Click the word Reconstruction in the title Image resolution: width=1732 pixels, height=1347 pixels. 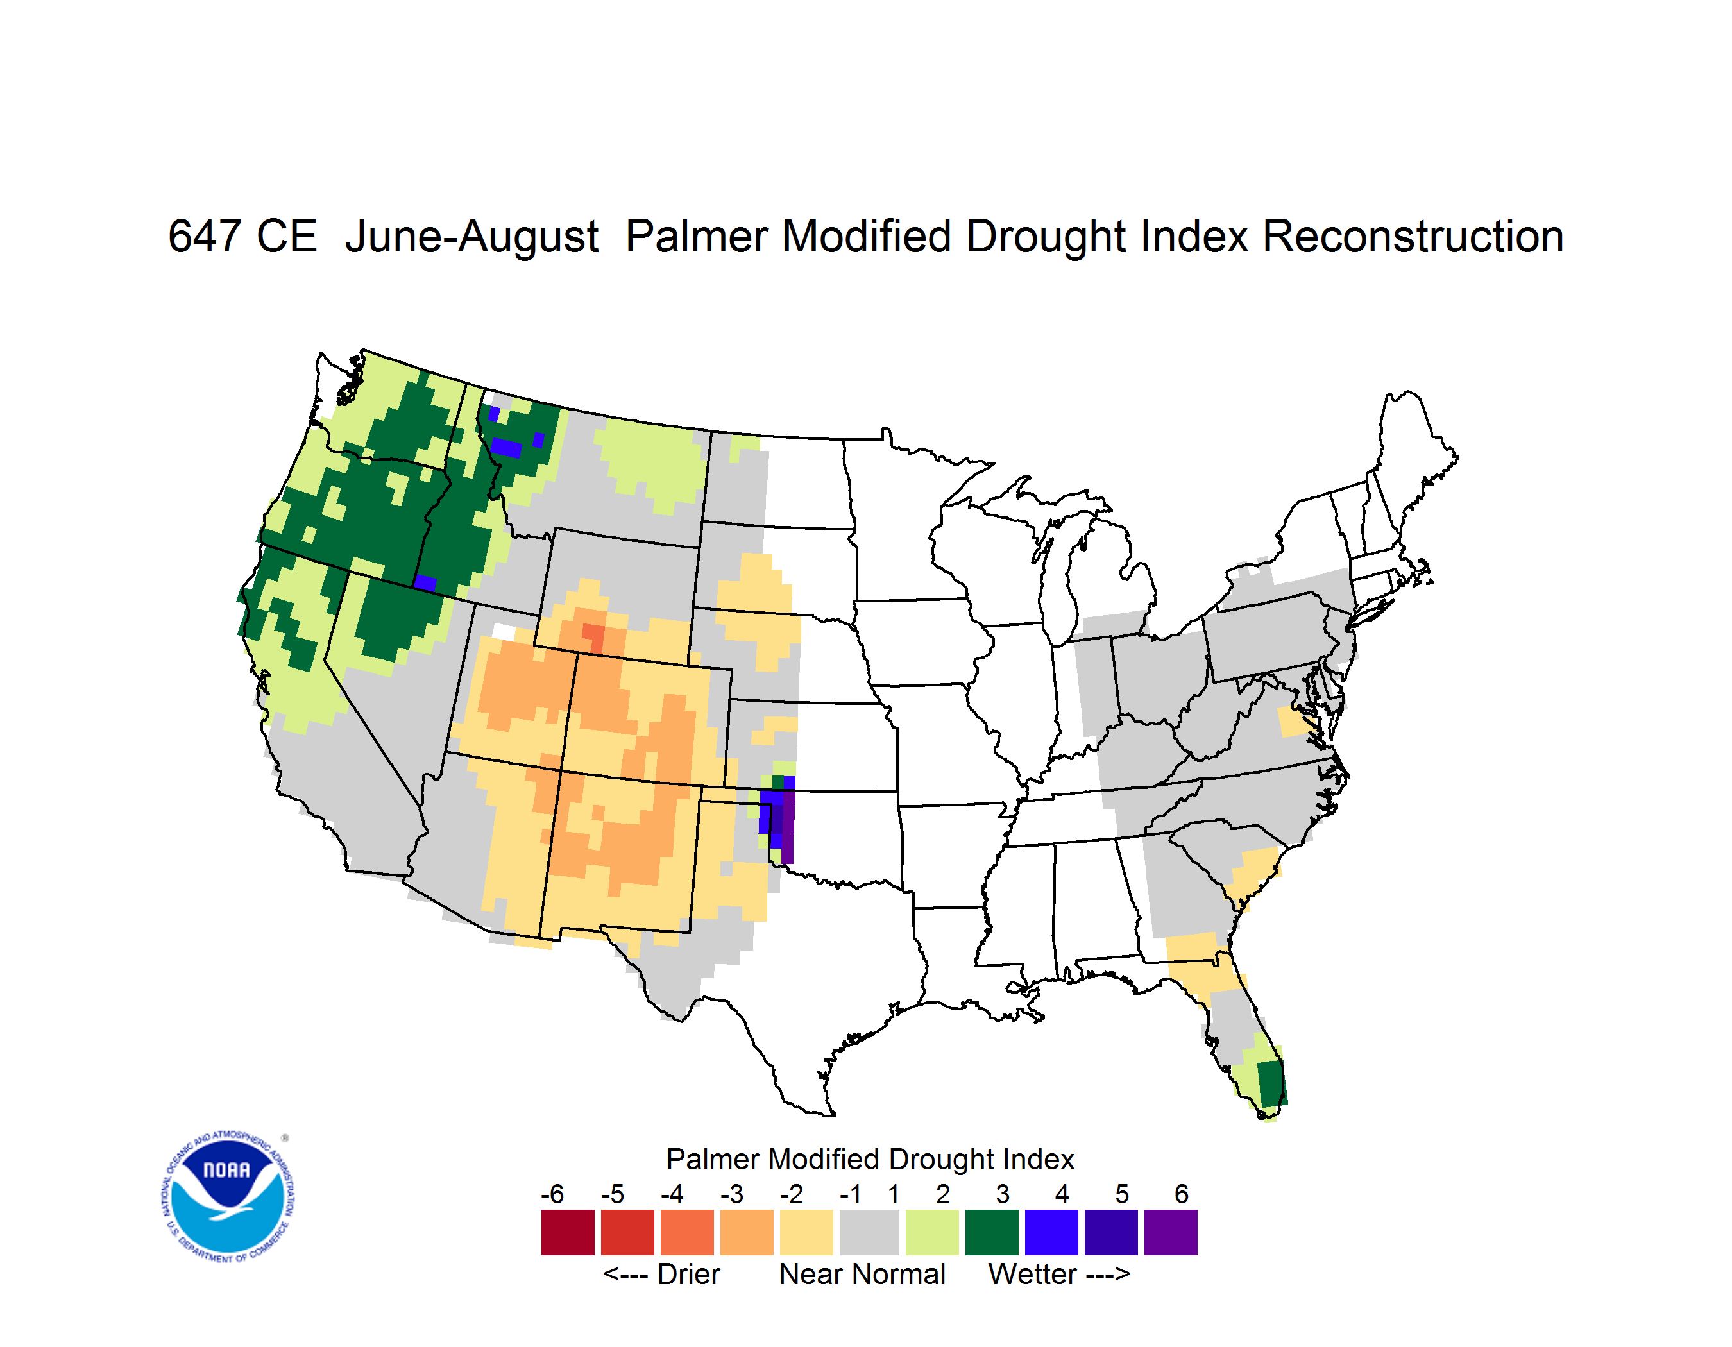[x=1413, y=236]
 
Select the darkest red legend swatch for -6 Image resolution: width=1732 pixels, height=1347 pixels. [x=568, y=1232]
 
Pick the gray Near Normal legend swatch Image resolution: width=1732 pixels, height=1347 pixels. [x=869, y=1232]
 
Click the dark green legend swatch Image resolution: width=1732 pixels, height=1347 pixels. [x=991, y=1232]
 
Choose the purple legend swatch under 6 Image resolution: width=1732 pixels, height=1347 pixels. [x=1171, y=1232]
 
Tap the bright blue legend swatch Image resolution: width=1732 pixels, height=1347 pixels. [x=1051, y=1232]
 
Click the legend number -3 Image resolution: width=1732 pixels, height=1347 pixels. [x=732, y=1193]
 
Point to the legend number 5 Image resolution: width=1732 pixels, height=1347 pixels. [x=1122, y=1193]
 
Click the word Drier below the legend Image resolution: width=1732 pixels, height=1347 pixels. [x=688, y=1274]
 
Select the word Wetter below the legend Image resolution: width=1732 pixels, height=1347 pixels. [x=1033, y=1274]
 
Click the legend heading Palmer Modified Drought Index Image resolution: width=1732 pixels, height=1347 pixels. [x=870, y=1159]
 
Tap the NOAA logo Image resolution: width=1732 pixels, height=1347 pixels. [x=228, y=1197]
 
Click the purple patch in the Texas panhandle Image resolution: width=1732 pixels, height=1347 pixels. [x=788, y=824]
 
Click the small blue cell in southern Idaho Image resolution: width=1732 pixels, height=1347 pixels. [x=425, y=584]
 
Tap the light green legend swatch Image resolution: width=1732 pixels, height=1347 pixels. [x=932, y=1232]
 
